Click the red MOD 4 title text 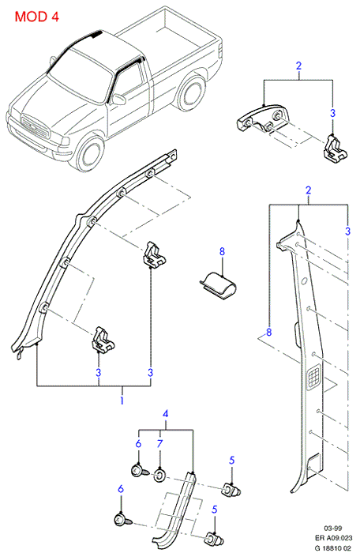click(36, 17)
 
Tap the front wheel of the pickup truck click(90, 154)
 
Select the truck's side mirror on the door click(118, 99)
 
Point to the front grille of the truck click(34, 127)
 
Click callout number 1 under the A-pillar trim click(122, 401)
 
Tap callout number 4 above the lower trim click(165, 413)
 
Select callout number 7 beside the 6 click(160, 443)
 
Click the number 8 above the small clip click(221, 251)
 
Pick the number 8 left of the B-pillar click(269, 333)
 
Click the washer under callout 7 click(159, 477)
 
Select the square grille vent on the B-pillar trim click(313, 377)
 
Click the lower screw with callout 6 click(122, 520)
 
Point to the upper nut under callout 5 click(232, 490)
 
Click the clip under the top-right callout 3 click(335, 149)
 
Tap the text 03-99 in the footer click(333, 528)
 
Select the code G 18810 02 click(333, 547)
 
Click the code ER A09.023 click(333, 538)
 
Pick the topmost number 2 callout click(298, 66)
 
